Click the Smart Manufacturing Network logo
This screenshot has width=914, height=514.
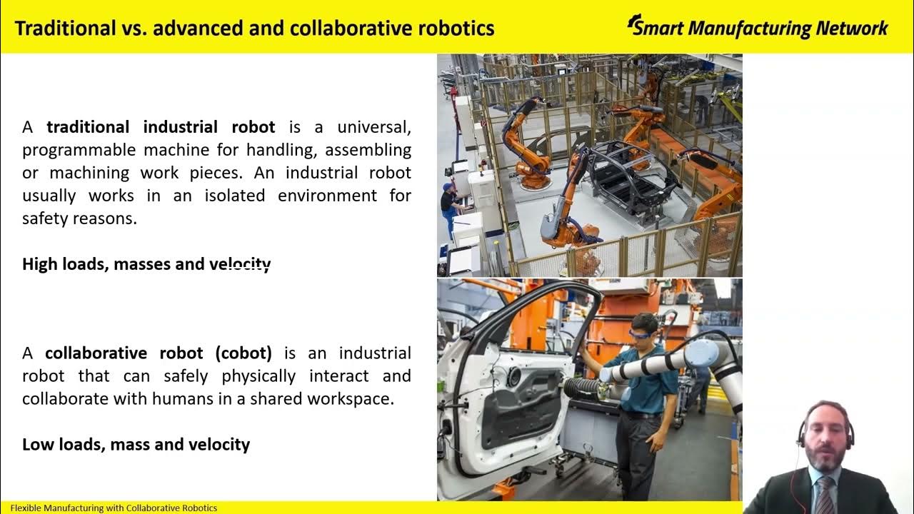(x=757, y=27)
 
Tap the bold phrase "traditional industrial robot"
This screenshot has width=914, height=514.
(x=161, y=127)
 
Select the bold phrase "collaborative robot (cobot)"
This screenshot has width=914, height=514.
(x=159, y=353)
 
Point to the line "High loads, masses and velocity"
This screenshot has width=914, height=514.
(x=146, y=264)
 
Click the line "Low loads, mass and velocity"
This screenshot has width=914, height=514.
(x=136, y=444)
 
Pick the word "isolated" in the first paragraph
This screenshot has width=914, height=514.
(x=229, y=196)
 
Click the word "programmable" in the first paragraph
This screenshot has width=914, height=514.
(x=79, y=150)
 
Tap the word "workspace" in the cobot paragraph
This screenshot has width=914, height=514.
(x=350, y=398)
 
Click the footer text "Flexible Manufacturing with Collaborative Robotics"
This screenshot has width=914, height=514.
(x=114, y=508)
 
